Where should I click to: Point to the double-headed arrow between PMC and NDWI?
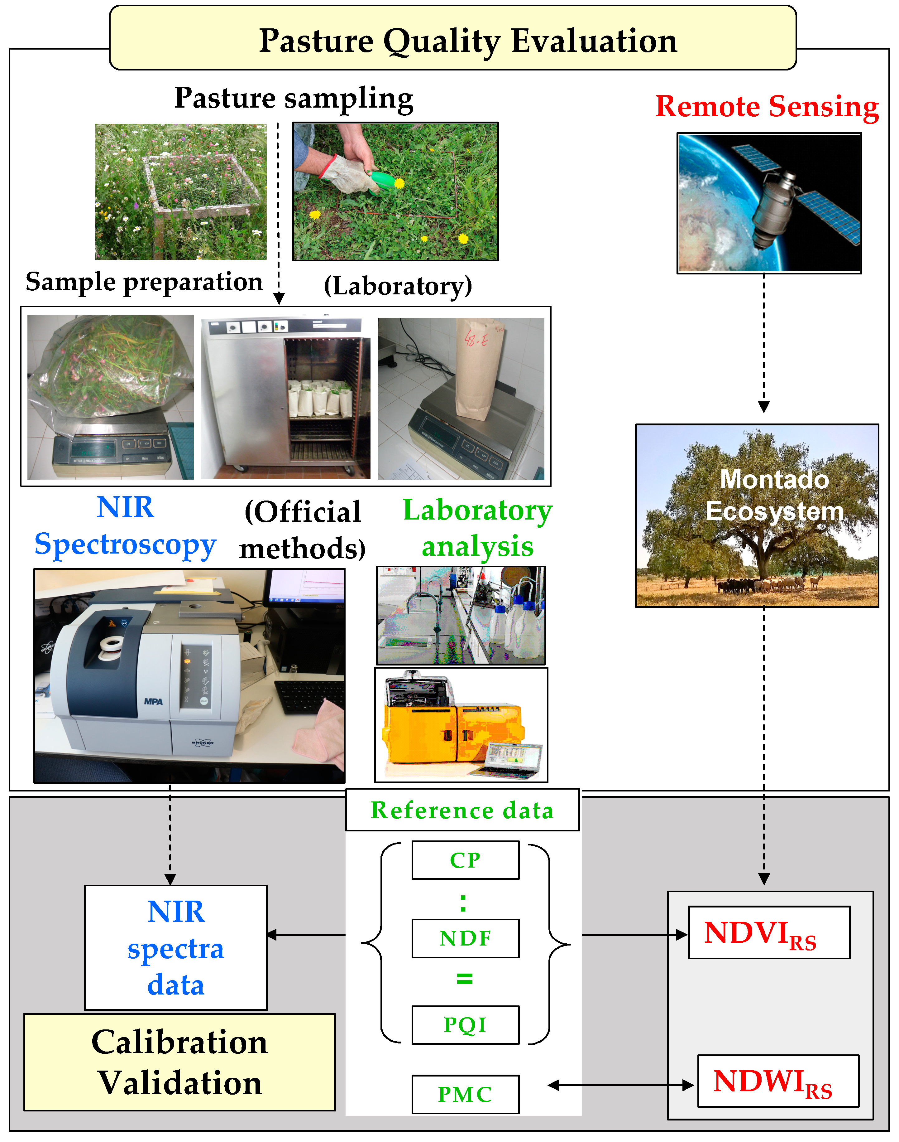click(x=621, y=1085)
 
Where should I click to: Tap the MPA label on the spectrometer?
click(x=153, y=702)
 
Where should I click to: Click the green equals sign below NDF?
click(x=464, y=979)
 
